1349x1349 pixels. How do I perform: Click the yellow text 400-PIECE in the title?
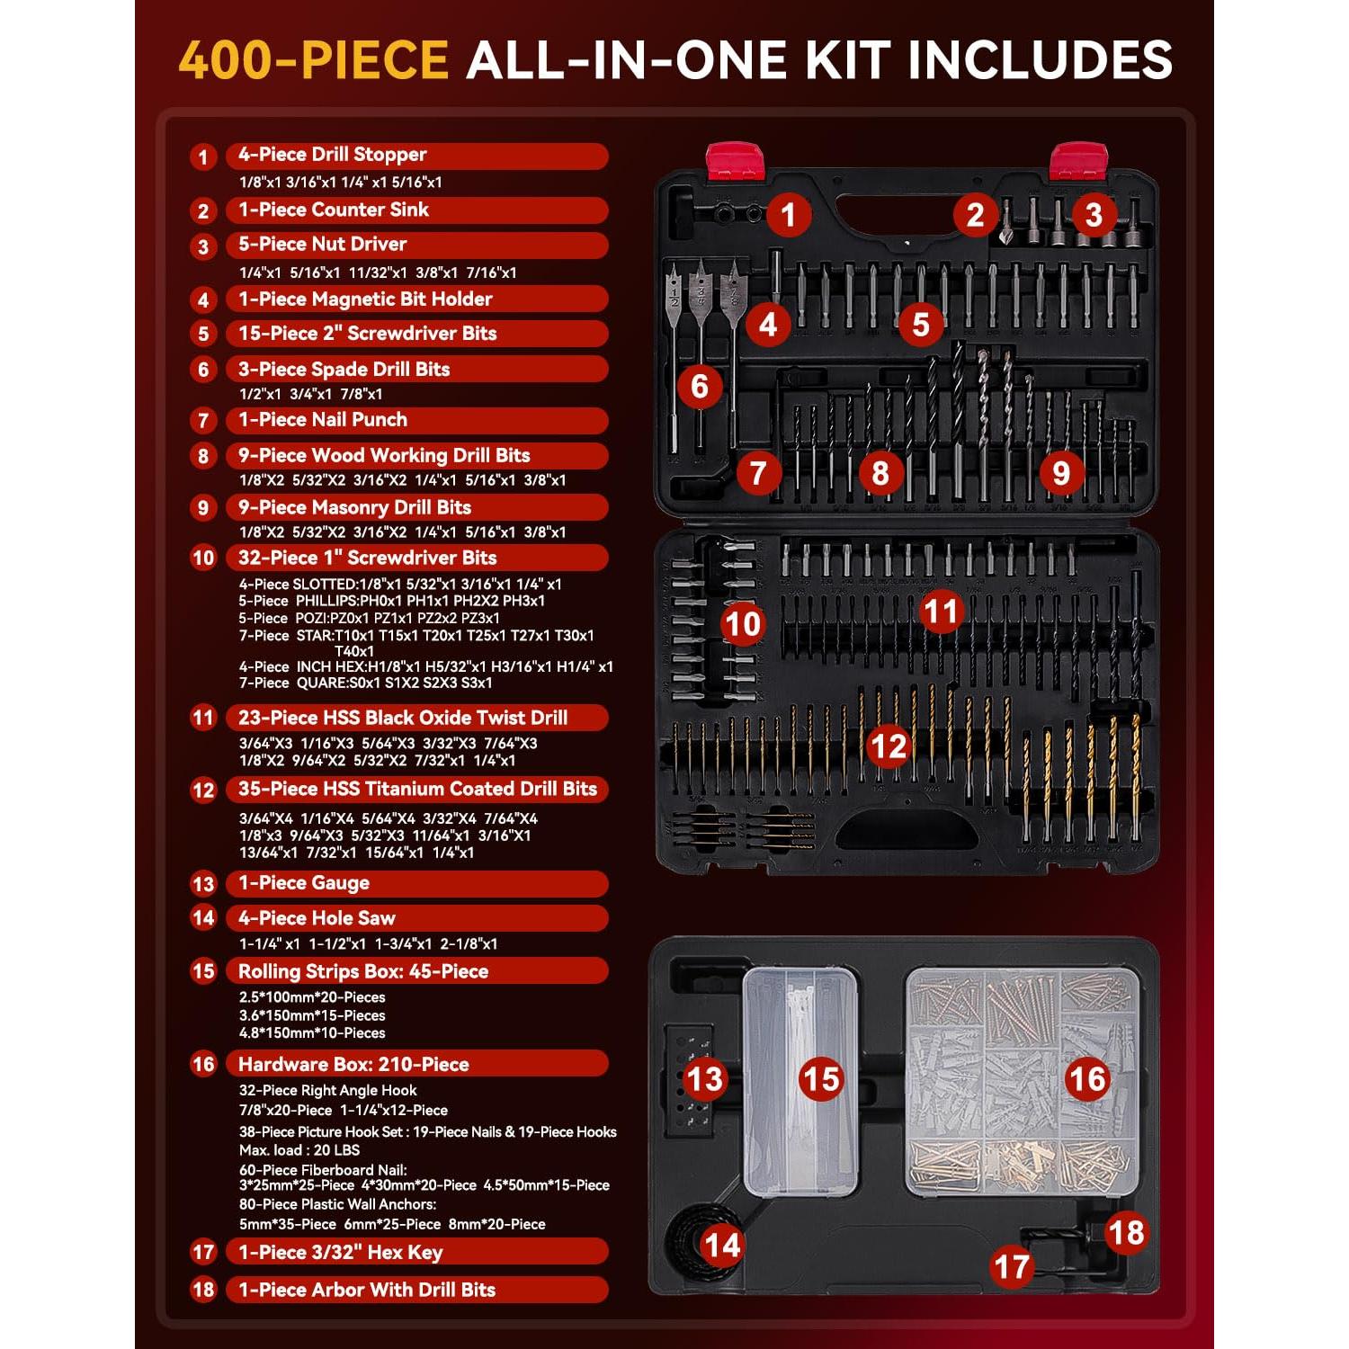coord(313,60)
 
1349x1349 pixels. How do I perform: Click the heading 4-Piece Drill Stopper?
coord(332,155)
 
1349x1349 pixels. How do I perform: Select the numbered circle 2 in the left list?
coord(203,211)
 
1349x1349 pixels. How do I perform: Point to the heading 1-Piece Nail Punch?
coord(322,420)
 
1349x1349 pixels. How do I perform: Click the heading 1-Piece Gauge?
coord(303,883)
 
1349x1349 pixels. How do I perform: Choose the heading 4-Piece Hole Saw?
coord(317,918)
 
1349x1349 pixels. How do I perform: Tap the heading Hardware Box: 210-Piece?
coord(353,1065)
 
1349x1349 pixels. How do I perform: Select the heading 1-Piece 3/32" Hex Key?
coord(340,1253)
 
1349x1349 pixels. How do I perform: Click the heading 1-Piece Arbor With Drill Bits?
coord(366,1290)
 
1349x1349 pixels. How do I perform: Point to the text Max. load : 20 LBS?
coord(299,1150)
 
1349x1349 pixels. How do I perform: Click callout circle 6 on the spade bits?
coord(700,387)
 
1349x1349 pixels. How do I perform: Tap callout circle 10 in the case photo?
coord(742,623)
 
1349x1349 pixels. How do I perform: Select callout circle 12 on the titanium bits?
coord(889,746)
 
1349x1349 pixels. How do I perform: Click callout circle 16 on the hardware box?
coord(1086,1078)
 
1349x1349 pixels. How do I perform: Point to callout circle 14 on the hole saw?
coord(722,1246)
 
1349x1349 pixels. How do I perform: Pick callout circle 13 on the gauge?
coord(705,1078)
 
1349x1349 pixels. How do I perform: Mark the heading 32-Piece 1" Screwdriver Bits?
coord(367,558)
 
